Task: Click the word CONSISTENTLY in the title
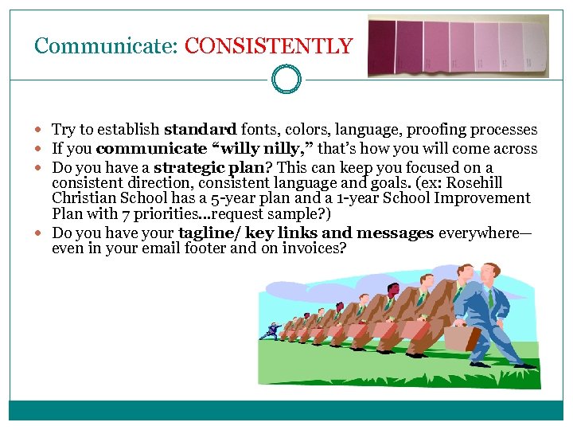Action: tap(268, 46)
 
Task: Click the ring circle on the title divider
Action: tap(286, 80)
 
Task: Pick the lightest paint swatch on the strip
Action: tap(532, 47)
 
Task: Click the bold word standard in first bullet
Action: tap(200, 130)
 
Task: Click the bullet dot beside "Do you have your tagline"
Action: tap(41, 233)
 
